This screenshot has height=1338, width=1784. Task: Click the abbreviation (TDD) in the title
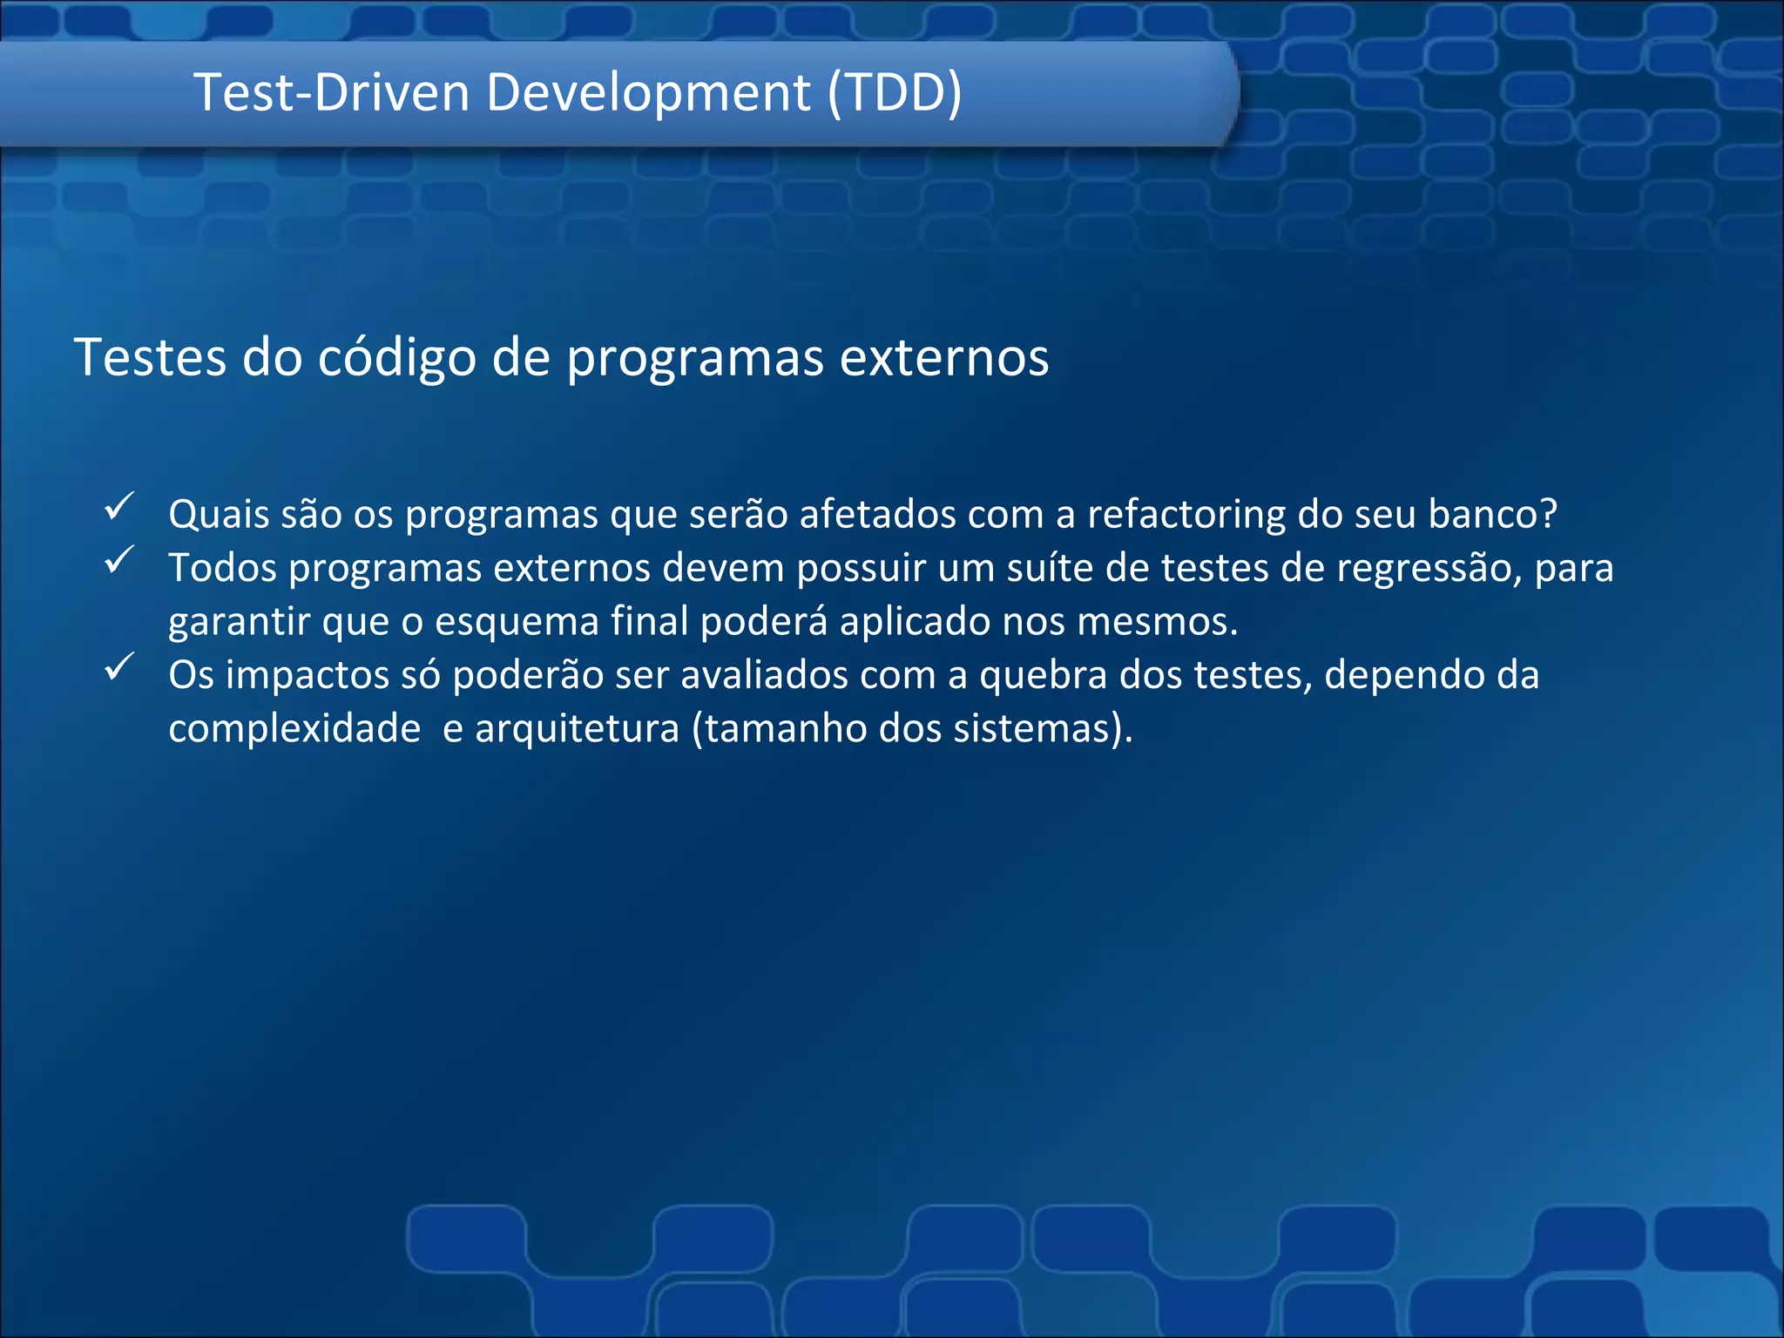pos(895,92)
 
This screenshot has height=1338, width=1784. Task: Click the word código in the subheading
pos(396,358)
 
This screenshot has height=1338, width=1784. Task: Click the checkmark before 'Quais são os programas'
pos(118,507)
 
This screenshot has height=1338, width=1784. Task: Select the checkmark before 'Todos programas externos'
pos(118,560)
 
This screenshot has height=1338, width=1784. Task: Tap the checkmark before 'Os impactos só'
pos(118,667)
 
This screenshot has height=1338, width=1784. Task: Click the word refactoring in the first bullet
pos(1186,515)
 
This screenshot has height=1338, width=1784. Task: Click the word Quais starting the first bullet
pos(219,515)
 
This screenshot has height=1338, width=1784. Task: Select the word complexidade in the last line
pos(294,729)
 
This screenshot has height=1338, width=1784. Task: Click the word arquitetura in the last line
pos(577,729)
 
